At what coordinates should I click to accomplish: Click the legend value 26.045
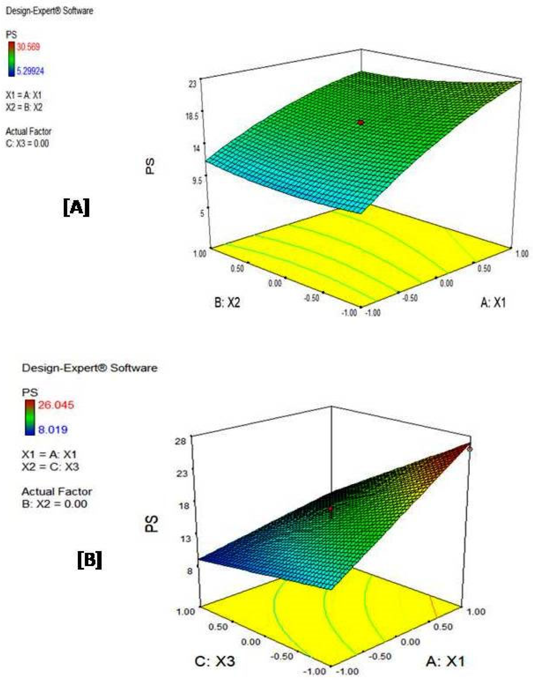[56, 405]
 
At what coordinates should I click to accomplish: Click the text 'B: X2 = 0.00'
[55, 504]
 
